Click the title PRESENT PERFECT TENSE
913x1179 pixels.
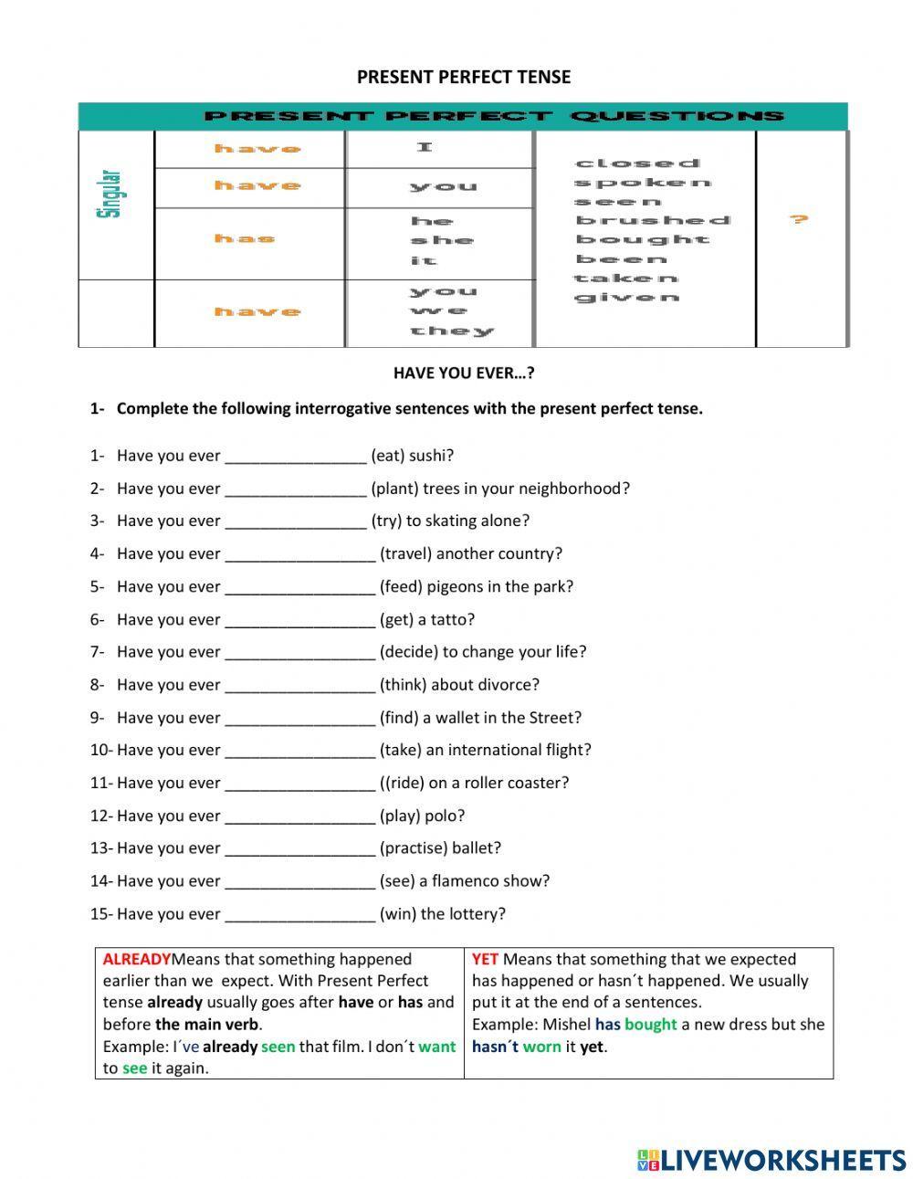(464, 78)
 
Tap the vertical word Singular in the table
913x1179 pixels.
(109, 194)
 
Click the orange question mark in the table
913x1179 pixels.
(799, 219)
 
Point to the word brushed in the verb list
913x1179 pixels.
(653, 220)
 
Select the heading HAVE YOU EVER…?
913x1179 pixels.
(464, 373)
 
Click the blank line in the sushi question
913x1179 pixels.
(295, 457)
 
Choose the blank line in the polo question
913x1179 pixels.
(299, 816)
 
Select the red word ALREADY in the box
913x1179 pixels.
(137, 960)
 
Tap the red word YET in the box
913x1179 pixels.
(485, 960)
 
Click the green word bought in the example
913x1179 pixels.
(650, 1025)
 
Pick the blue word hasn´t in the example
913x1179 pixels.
(495, 1047)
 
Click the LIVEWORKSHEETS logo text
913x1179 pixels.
(782, 1160)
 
